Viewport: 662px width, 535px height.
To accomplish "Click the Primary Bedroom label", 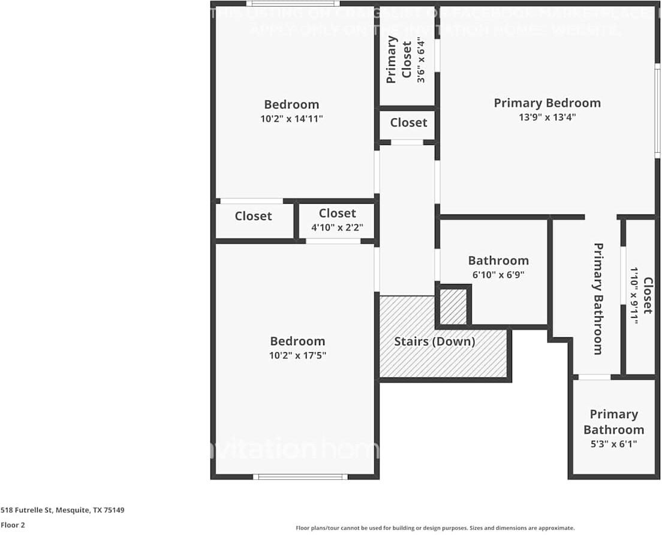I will pos(547,103).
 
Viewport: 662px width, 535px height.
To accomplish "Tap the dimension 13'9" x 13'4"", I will pos(547,118).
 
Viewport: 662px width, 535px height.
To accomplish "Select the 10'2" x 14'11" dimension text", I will pos(291,119).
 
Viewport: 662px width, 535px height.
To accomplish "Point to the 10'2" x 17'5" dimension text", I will pos(297,356).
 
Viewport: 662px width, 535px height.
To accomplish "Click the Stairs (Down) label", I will pos(434,342).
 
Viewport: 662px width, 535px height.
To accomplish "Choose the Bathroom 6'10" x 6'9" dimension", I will pos(498,276).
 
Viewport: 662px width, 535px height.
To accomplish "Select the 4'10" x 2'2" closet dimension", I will pos(337,228).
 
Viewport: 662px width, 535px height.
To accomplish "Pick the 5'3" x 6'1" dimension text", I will pos(613,444).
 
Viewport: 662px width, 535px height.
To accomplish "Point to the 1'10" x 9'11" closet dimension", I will pos(633,296).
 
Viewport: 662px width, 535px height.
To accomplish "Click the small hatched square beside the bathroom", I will pos(453,307).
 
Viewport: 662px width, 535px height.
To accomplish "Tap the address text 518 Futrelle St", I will pos(62,510).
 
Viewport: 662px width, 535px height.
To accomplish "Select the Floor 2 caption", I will pos(13,525).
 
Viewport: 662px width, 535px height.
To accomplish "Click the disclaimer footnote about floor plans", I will pos(435,528).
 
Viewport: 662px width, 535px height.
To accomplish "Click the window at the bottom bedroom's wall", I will pos(300,477).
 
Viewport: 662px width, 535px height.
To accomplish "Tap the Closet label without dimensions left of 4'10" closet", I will pos(253,216).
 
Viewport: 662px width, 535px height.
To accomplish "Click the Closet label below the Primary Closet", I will pos(408,123).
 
